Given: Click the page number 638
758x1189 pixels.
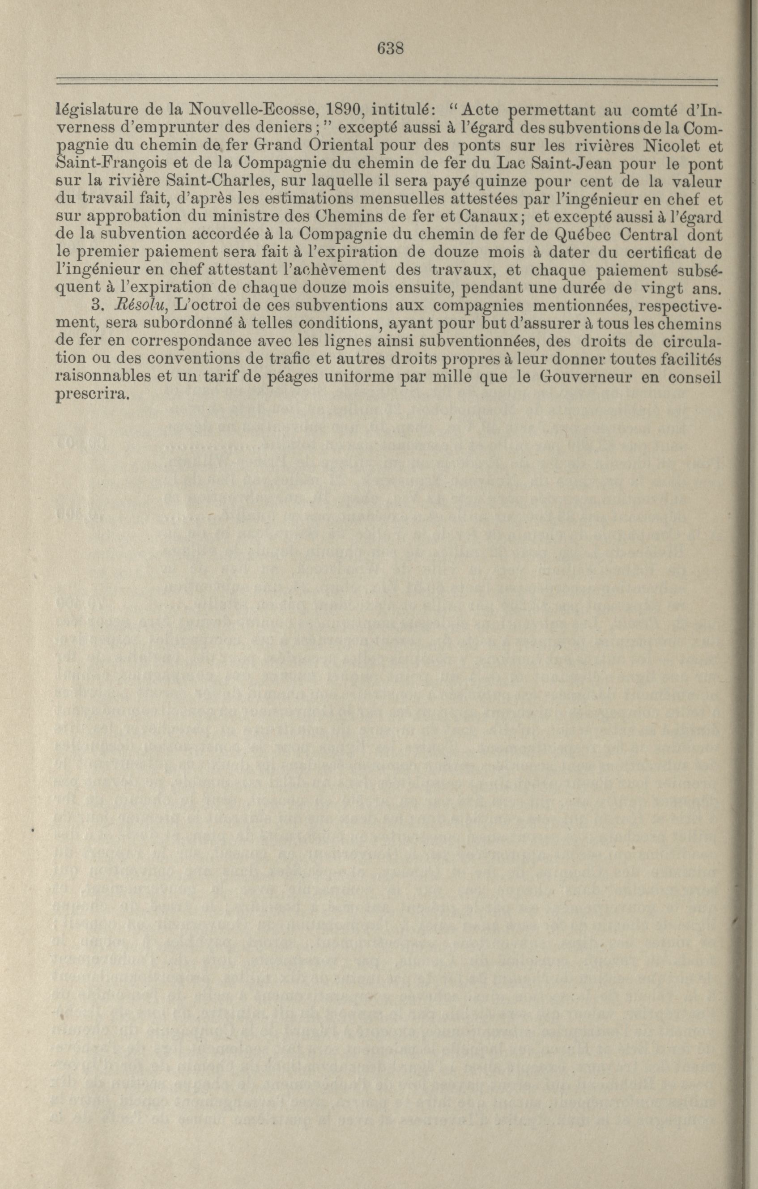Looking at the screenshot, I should coord(391,48).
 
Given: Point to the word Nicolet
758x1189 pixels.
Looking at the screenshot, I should coord(669,146).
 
